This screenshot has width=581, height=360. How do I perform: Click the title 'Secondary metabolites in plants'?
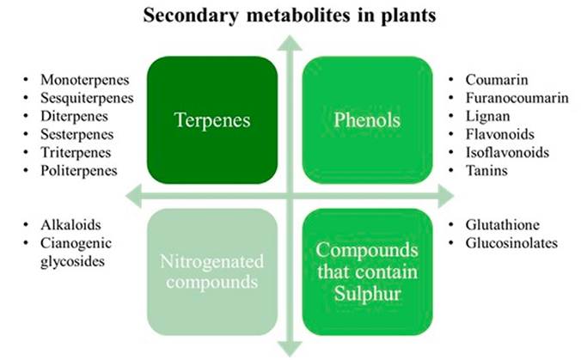pos(290,15)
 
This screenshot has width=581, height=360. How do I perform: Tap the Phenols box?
pos(368,120)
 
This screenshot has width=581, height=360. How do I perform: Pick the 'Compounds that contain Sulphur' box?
pos(368,270)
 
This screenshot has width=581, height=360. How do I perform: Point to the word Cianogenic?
pos(76,243)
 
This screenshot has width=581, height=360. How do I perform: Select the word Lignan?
pos(486,116)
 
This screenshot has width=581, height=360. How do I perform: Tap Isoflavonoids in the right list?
pos(505,152)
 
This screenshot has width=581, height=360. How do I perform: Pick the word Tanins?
pos(485,170)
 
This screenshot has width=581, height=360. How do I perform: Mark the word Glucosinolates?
pos(511,243)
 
